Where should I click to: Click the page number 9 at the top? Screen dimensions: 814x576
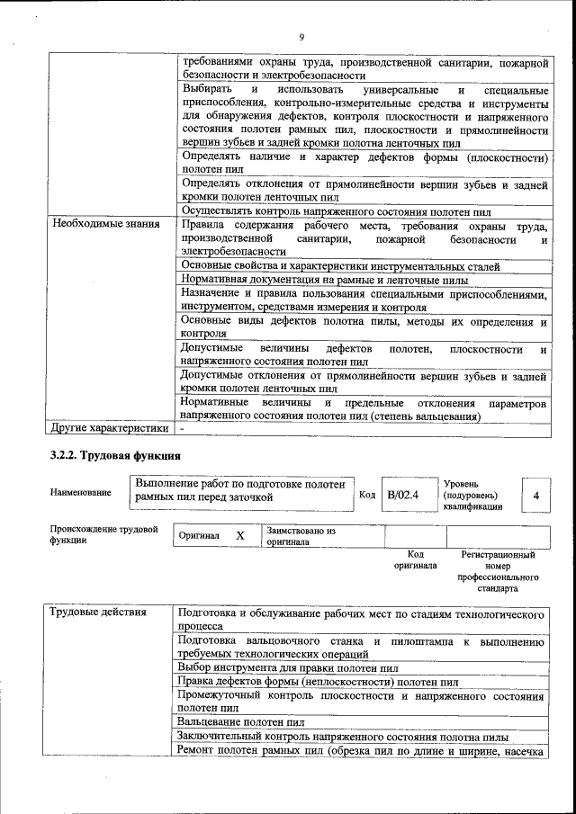(x=301, y=37)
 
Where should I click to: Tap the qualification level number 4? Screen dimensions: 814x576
(x=536, y=496)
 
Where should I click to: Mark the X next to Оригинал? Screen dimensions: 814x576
(x=240, y=536)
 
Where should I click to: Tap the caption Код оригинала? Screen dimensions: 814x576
(x=415, y=560)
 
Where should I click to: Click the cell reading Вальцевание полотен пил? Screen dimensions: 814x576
(x=241, y=722)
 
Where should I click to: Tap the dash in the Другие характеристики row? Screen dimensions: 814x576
(x=183, y=429)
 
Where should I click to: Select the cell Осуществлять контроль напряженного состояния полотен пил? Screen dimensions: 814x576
(x=336, y=211)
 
